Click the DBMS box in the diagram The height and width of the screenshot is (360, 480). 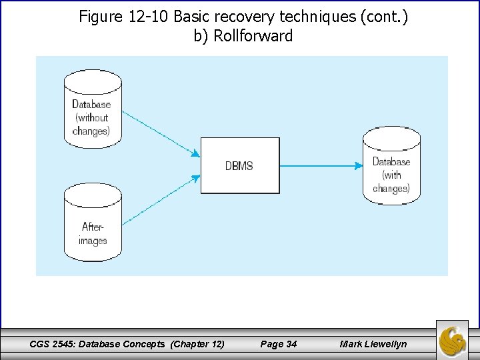click(x=240, y=165)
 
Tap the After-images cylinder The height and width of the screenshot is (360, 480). click(x=93, y=223)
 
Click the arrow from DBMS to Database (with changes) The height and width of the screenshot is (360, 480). click(x=320, y=165)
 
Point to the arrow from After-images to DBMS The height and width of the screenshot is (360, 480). click(x=160, y=200)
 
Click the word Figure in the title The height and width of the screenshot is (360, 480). click(x=99, y=17)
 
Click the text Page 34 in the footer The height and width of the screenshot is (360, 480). click(x=278, y=344)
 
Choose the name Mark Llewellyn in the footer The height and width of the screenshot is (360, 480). click(x=373, y=344)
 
